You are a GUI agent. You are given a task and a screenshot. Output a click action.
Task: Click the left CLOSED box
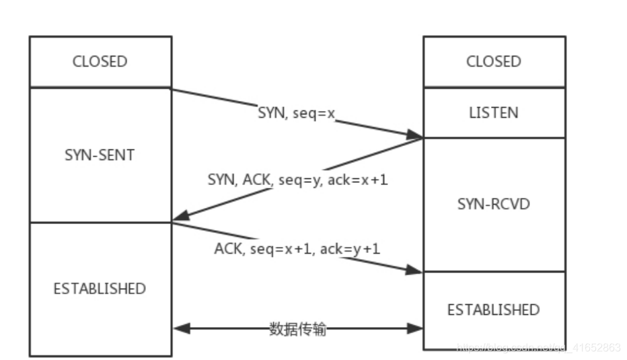click(x=100, y=61)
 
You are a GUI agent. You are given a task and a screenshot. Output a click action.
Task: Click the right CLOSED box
click(x=494, y=61)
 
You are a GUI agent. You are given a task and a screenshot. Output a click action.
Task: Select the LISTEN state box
click(x=494, y=112)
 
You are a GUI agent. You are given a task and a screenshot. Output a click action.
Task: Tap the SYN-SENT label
click(x=100, y=155)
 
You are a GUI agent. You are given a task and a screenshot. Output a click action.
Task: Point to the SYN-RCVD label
click(x=494, y=203)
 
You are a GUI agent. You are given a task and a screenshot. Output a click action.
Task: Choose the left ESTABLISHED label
click(x=100, y=289)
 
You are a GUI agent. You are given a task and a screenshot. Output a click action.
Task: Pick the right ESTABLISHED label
click(x=494, y=310)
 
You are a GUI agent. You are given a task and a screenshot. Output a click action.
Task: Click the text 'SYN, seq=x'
click(x=297, y=114)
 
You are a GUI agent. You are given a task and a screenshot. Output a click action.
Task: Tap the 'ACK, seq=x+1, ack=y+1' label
click(x=297, y=248)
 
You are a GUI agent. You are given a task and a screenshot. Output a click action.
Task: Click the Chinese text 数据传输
click(x=297, y=329)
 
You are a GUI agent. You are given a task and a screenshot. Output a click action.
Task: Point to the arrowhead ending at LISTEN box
click(x=416, y=136)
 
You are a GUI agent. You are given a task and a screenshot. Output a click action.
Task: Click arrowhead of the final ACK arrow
click(x=416, y=270)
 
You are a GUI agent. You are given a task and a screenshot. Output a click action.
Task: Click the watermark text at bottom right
click(x=538, y=347)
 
